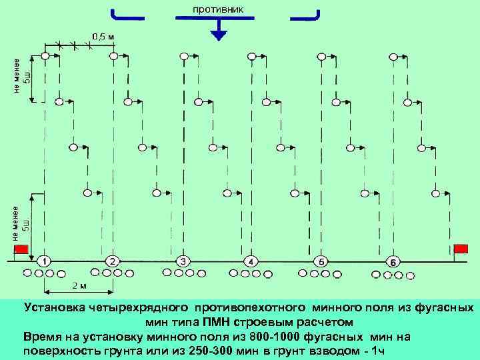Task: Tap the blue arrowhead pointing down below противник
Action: (217, 33)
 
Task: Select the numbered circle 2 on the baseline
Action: (113, 260)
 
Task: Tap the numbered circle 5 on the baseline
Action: (322, 260)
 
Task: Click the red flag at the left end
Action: (21, 249)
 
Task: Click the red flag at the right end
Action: (461, 248)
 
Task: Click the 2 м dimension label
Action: (78, 285)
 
